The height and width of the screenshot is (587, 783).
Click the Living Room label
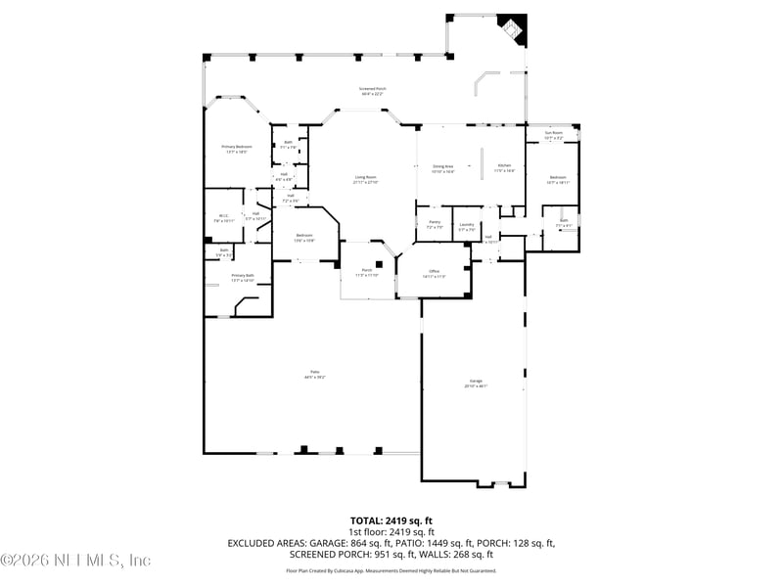click(366, 180)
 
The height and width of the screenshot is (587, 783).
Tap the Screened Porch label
click(373, 91)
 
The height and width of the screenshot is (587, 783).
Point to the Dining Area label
click(442, 168)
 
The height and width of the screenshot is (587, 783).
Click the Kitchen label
click(504, 168)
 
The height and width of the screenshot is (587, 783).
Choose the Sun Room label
click(554, 136)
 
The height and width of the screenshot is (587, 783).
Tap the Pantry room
click(435, 224)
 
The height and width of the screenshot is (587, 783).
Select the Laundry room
click(466, 227)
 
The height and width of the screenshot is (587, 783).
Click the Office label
click(434, 273)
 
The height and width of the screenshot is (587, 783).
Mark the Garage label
click(475, 383)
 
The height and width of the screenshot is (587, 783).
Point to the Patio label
click(314, 374)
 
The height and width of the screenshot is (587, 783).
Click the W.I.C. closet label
click(223, 218)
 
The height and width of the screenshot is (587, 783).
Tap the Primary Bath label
click(243, 277)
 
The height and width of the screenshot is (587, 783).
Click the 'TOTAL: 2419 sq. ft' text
click(391, 520)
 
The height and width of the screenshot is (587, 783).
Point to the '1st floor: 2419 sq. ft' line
click(391, 531)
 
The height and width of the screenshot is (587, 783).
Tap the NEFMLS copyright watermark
click(76, 561)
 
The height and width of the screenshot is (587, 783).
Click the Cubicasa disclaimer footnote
click(391, 570)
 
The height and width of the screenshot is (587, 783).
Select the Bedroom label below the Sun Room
click(557, 179)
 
